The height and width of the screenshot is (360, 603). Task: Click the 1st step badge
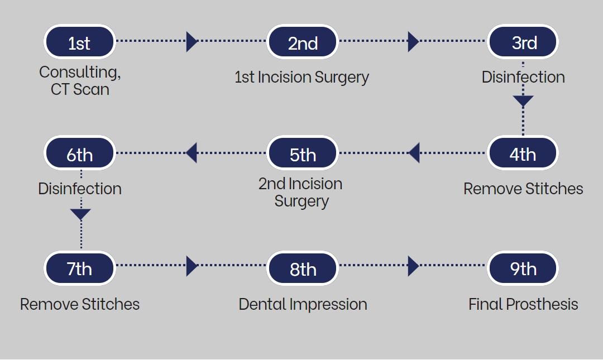click(80, 42)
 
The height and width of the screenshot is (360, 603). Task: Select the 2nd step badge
click(302, 42)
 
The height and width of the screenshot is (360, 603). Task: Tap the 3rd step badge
click(523, 42)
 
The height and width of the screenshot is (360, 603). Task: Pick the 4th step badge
click(523, 153)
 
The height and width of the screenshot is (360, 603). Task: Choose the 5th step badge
click(302, 153)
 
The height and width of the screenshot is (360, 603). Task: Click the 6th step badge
click(80, 153)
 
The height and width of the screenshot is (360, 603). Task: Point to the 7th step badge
click(80, 268)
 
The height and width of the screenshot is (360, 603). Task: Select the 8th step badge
click(302, 268)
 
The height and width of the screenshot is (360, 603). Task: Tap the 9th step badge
click(523, 268)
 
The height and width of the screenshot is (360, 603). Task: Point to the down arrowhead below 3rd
click(523, 101)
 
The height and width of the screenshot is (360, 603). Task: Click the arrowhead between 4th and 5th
click(414, 153)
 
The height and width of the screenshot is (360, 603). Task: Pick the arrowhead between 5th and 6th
click(191, 153)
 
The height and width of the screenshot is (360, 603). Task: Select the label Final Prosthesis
click(523, 304)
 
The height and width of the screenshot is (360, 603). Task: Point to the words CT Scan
click(80, 89)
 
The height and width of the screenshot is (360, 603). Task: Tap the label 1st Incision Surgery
click(302, 78)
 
